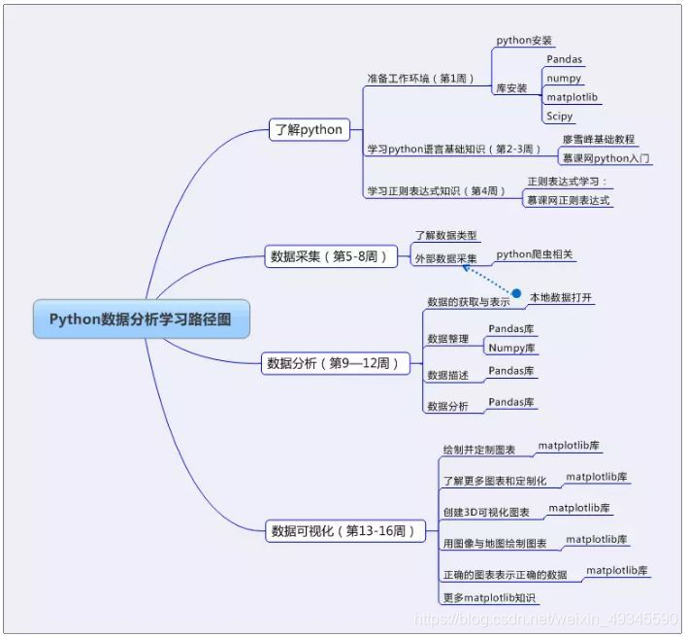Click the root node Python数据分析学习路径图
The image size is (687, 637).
140,318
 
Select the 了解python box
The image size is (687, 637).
309,129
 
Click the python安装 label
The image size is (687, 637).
524,41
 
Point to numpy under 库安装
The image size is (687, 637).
564,79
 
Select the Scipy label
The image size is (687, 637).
560,117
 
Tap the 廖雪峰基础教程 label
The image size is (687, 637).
599,139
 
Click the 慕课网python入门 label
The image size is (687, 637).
606,157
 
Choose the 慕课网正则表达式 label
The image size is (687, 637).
569,200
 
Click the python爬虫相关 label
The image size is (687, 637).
535,254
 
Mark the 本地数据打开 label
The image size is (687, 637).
561,298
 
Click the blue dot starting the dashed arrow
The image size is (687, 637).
516,293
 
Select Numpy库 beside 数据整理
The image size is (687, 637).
511,348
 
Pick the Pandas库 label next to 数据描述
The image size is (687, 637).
511,371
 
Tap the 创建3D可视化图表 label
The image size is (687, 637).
486,512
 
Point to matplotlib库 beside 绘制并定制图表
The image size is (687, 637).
569,446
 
